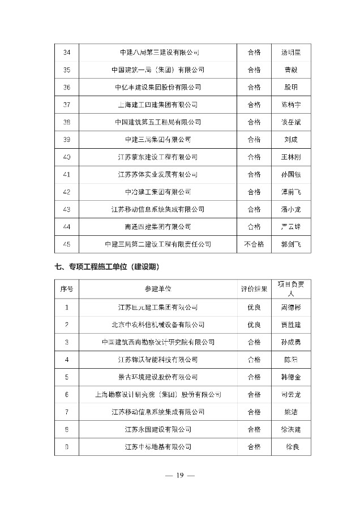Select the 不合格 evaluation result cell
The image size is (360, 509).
(254, 244)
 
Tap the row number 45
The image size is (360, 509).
(67, 244)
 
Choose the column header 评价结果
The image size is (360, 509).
(254, 289)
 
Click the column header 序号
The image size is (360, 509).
(67, 289)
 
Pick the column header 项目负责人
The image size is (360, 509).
(291, 289)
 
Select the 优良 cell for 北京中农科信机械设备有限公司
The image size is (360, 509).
(254, 325)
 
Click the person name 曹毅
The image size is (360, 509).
(291, 70)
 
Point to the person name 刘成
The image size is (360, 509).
(291, 140)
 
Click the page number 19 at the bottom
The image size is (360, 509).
(180, 476)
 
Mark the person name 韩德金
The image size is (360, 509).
(291, 377)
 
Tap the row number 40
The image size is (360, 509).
(67, 157)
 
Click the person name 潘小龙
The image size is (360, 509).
(291, 209)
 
